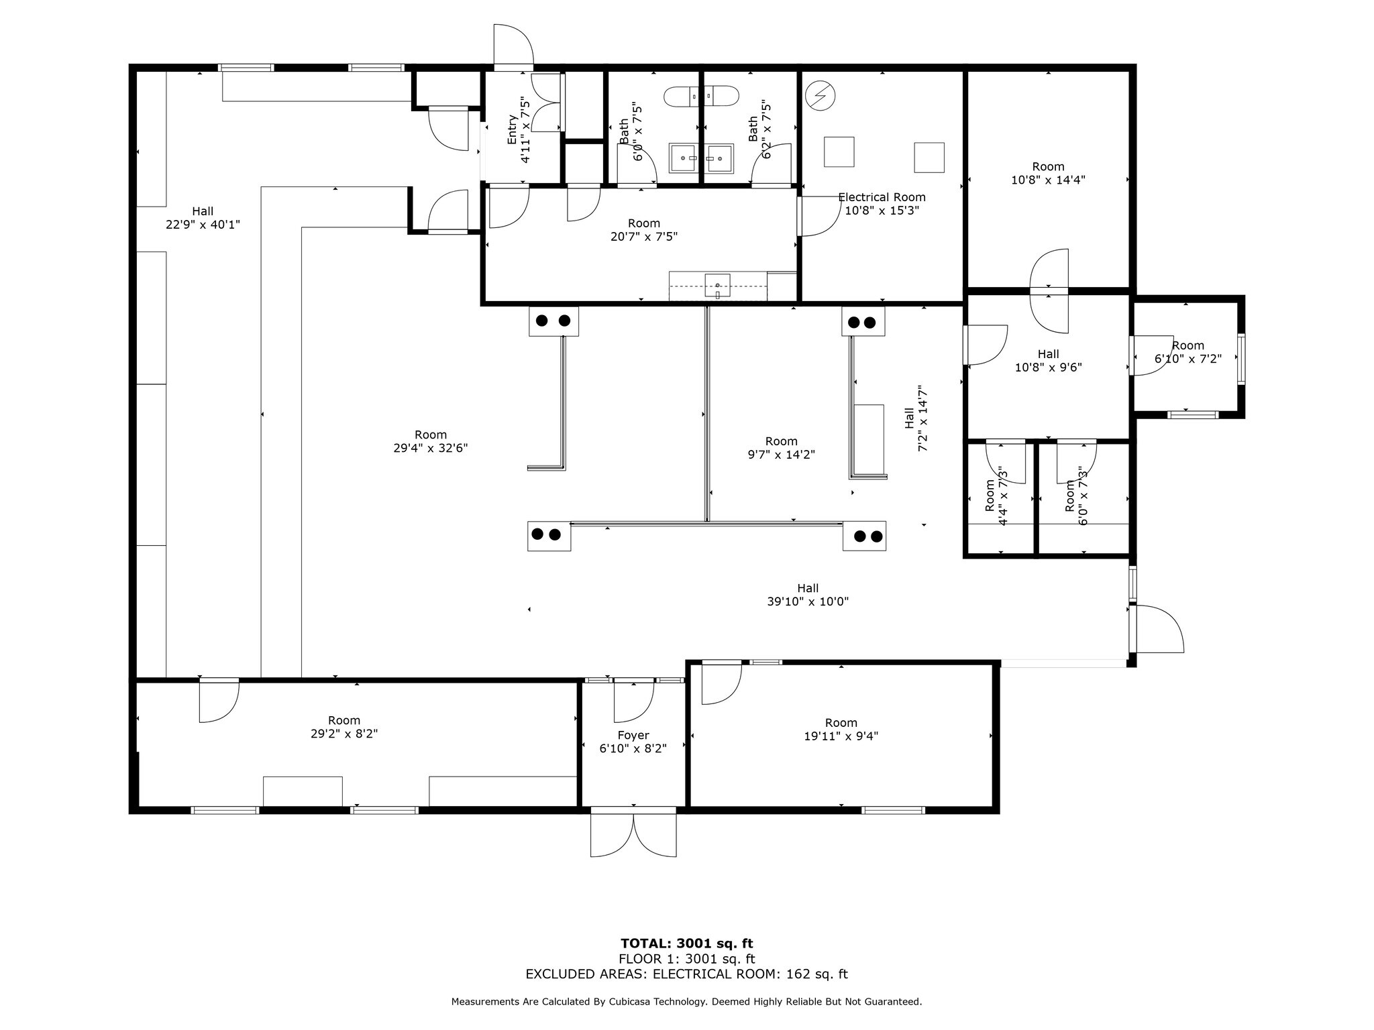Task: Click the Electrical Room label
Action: [x=882, y=197]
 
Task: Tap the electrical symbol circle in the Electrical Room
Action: [x=820, y=96]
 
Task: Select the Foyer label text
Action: [x=633, y=735]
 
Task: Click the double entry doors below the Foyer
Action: [x=633, y=834]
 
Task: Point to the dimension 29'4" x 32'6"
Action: [x=430, y=448]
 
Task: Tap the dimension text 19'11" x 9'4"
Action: [x=841, y=736]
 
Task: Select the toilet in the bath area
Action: [x=701, y=97]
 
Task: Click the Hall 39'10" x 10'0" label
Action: [x=808, y=595]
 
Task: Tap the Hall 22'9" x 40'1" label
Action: [x=203, y=218]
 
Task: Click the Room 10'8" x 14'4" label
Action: [x=1048, y=173]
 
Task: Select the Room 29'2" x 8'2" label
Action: [x=343, y=727]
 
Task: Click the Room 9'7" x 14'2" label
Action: [x=781, y=448]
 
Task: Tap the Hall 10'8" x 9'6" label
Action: [x=1048, y=360]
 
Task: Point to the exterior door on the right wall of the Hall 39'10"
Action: [x=1157, y=629]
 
